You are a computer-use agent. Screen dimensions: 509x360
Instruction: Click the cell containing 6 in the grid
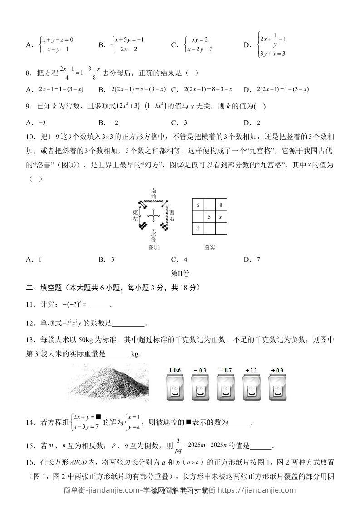198,205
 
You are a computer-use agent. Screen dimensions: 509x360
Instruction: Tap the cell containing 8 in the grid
220,205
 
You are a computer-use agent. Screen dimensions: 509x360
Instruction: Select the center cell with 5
209,217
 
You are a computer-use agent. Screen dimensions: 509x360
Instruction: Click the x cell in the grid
220,217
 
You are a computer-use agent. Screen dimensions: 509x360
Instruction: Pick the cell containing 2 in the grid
198,229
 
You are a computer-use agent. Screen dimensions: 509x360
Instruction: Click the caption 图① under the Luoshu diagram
154,247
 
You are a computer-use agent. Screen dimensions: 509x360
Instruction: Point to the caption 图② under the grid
209,247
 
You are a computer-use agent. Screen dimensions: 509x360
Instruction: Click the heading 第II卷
180,274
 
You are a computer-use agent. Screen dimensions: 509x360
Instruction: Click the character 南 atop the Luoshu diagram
154,191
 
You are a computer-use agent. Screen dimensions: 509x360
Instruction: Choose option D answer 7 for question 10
252,260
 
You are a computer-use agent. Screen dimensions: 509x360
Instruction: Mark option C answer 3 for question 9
179,122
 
